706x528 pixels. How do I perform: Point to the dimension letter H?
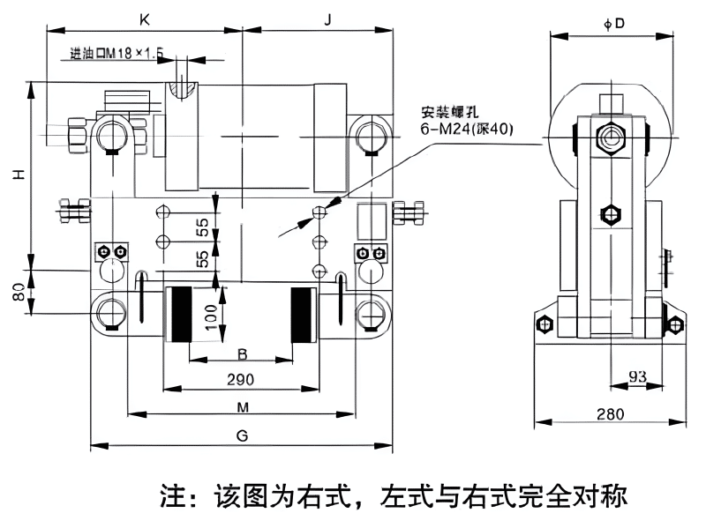17,175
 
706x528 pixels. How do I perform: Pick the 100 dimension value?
209,315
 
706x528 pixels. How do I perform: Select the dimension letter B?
241,354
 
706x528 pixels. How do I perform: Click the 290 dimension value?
239,380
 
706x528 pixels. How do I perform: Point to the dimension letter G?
242,435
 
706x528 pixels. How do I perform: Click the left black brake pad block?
183,316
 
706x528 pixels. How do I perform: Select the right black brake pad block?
304,316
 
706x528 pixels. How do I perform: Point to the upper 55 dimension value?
202,227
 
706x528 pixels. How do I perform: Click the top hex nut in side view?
610,136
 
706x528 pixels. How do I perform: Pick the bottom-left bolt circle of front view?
110,312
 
